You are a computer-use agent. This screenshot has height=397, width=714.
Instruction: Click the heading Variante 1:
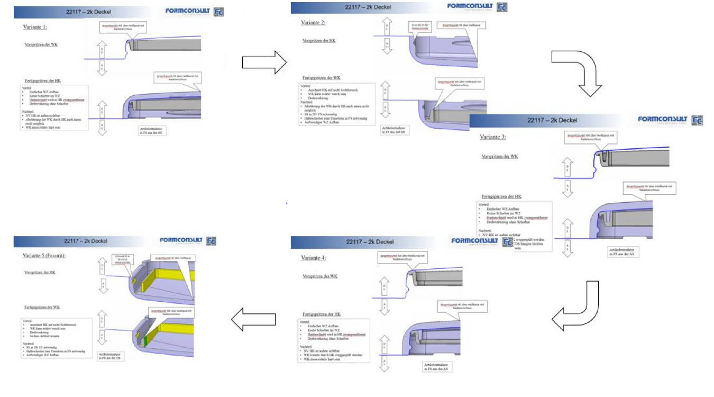coord(35,26)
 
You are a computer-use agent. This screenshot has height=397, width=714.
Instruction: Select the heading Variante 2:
coord(314,23)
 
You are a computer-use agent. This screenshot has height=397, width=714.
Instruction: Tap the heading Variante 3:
coord(493,137)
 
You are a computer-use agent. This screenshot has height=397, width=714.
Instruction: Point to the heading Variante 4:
coord(314,258)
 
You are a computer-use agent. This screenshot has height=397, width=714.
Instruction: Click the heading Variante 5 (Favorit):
coord(47,255)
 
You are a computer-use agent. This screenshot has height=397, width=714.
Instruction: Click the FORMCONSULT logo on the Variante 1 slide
coord(187,11)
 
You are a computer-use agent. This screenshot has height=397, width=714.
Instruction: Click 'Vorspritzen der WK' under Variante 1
coord(41,44)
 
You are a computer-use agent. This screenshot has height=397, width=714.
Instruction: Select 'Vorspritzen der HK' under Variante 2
coord(318,41)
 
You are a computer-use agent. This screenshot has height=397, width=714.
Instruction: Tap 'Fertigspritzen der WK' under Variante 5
coord(42,307)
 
